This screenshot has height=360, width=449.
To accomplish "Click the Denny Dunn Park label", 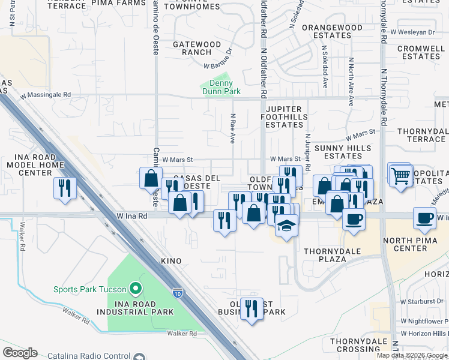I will [x=220, y=87].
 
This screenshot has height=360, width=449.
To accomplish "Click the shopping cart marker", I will [x=400, y=176].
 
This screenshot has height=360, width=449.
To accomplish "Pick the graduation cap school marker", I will [x=287, y=226].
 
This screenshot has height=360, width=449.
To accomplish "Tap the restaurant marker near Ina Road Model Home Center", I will [x=64, y=188].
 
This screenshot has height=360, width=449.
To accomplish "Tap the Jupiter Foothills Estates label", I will [x=285, y=116].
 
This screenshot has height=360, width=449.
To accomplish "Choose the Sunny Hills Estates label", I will [x=339, y=152].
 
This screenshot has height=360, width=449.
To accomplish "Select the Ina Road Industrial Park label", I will [x=140, y=307].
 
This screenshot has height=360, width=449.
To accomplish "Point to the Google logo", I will [x=20, y=353].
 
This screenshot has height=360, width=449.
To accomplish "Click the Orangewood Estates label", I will [x=332, y=31].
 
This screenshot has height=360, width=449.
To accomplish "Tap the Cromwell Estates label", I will [x=421, y=52].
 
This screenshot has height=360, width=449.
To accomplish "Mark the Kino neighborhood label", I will [x=170, y=261].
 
